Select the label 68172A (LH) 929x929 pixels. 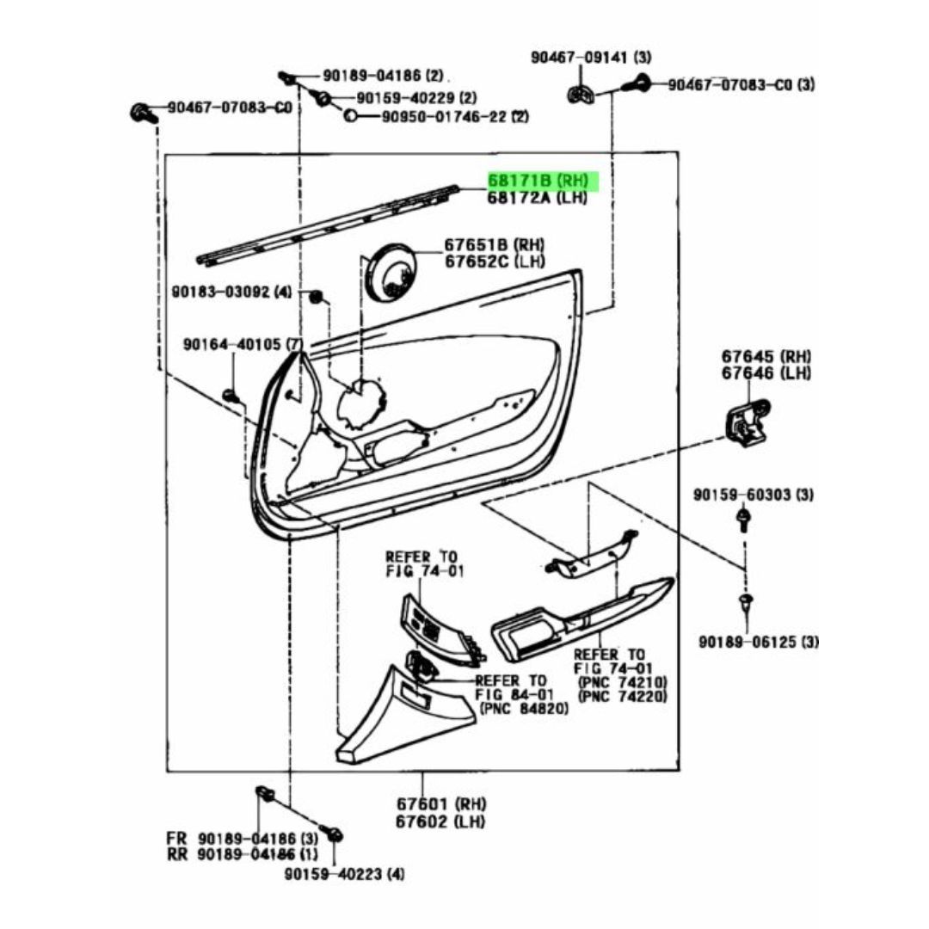(x=538, y=197)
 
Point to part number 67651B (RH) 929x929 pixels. (x=495, y=244)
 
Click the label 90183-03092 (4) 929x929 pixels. (x=231, y=292)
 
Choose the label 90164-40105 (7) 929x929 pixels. (x=243, y=344)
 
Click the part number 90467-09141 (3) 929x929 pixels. (x=591, y=58)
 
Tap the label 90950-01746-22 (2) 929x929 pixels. (x=455, y=117)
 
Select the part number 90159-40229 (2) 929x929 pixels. (x=416, y=97)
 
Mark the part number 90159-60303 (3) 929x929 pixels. (x=753, y=494)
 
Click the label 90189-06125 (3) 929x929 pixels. (x=759, y=642)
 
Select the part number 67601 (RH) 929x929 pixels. (x=441, y=804)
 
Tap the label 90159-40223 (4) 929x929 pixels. (x=344, y=874)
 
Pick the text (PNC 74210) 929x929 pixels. (x=622, y=681)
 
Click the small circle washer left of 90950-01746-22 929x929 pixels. (x=351, y=115)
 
